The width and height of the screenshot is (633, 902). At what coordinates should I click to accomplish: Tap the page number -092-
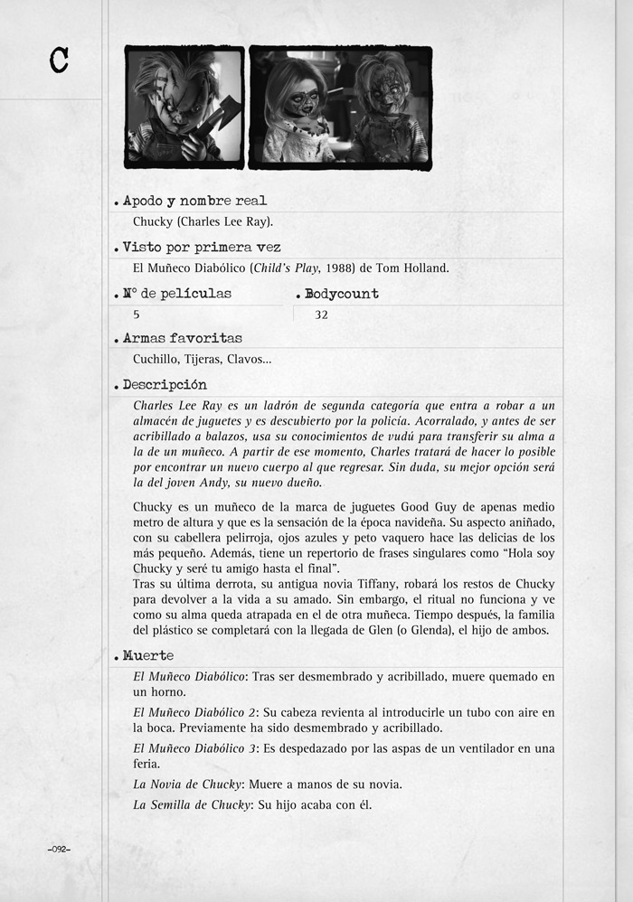(59, 850)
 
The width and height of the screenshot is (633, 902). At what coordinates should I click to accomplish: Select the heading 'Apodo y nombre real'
(194, 201)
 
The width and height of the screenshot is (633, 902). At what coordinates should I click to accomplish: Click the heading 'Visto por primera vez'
(202, 247)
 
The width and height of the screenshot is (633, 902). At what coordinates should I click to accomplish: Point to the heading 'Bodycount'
(342, 294)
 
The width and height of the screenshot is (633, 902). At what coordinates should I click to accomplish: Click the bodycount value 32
(321, 315)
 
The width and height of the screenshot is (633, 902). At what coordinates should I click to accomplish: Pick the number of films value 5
(137, 315)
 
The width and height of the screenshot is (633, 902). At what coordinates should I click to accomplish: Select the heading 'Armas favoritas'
(182, 338)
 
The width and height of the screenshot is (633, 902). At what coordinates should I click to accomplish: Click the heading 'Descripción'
(165, 384)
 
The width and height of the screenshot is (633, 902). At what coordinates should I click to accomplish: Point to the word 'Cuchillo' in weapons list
(156, 359)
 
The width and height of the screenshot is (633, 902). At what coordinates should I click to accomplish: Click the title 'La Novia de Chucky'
(186, 784)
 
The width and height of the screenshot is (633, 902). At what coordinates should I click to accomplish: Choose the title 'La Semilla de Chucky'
(190, 804)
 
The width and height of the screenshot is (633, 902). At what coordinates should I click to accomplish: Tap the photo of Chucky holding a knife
(184, 107)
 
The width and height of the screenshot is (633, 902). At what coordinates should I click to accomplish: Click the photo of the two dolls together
(340, 107)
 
